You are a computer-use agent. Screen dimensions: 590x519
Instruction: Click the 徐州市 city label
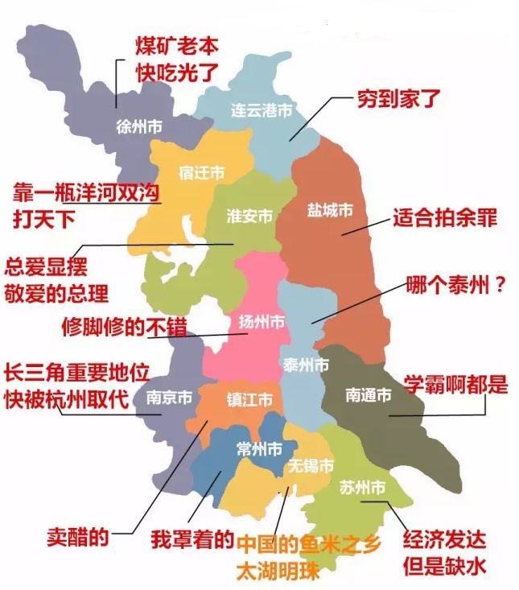pyautogui.click(x=139, y=126)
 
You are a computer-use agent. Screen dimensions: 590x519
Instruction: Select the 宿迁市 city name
pyautogui.click(x=200, y=173)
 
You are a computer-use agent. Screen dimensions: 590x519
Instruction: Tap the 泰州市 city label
pyautogui.click(x=306, y=365)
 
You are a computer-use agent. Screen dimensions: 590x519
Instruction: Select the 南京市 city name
pyautogui.click(x=170, y=398)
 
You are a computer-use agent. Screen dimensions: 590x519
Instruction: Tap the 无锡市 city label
pyautogui.click(x=310, y=465)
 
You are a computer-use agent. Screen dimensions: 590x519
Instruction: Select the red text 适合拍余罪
pyautogui.click(x=445, y=217)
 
